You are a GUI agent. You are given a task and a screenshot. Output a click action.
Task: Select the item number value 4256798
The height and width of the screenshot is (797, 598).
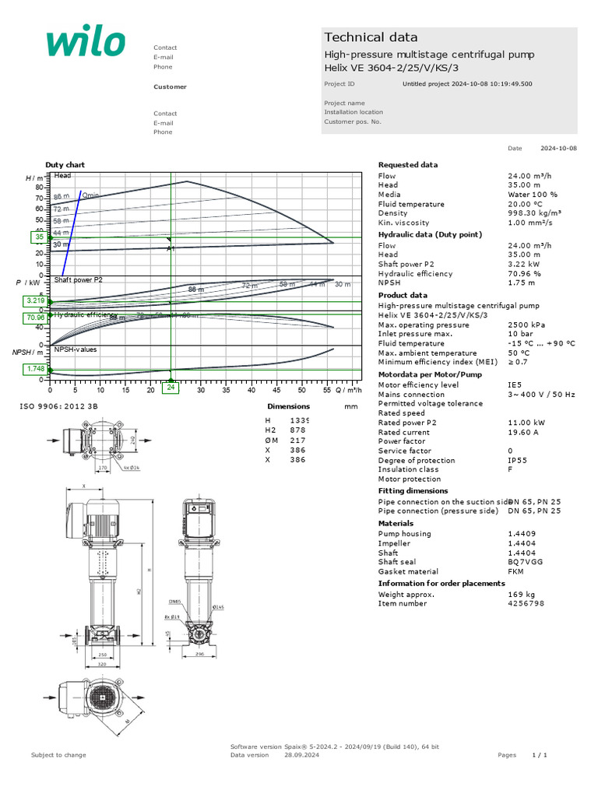[x=526, y=603]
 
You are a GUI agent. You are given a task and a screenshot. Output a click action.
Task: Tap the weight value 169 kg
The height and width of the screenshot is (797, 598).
[x=522, y=594]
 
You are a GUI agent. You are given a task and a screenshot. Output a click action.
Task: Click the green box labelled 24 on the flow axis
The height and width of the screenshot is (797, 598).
[x=171, y=387]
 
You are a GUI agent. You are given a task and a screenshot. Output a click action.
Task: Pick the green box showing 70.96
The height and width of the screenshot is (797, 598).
[x=36, y=318]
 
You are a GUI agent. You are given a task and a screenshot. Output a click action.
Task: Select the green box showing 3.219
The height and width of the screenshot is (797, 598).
[x=36, y=300]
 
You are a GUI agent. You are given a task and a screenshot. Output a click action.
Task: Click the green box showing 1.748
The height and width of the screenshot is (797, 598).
[x=36, y=369]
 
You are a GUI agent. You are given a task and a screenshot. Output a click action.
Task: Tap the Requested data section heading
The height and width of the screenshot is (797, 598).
[x=407, y=165]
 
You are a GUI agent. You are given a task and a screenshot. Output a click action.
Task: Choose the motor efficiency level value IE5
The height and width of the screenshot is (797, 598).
[x=515, y=384]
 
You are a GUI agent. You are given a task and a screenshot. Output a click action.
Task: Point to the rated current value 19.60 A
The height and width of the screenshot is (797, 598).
[x=523, y=432]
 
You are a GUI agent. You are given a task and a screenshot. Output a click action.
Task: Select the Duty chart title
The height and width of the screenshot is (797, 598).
[x=65, y=165]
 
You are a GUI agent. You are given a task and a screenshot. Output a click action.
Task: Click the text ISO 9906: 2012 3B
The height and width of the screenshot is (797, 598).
[x=58, y=406]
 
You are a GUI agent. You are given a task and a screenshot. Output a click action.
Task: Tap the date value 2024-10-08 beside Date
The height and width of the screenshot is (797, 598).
[x=558, y=148]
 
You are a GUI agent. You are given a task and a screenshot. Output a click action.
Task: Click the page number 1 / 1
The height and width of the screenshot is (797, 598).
[x=540, y=755]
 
